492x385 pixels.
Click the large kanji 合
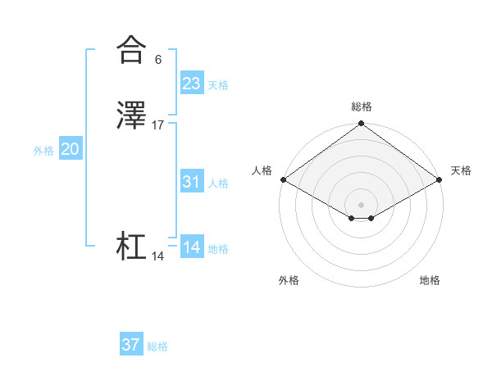tap(130, 50)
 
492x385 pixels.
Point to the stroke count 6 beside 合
tap(157, 59)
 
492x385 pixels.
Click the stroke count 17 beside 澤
tap(158, 125)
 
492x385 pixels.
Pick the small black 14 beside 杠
tap(158, 256)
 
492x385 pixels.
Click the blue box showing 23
tap(192, 84)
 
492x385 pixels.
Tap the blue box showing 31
tap(192, 182)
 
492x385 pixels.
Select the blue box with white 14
tap(192, 247)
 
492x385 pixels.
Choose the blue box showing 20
tap(71, 149)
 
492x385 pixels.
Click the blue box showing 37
tap(131, 345)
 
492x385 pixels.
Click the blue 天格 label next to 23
tap(218, 85)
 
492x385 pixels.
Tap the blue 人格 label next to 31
tap(218, 183)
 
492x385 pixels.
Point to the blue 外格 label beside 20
tap(43, 151)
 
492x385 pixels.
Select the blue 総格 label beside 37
tap(157, 346)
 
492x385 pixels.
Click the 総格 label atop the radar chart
tap(361, 106)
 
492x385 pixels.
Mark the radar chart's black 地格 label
tap(430, 280)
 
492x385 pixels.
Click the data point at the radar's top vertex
tap(361, 125)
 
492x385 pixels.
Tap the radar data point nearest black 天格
tap(440, 179)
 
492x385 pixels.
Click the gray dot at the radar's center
tap(361, 203)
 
